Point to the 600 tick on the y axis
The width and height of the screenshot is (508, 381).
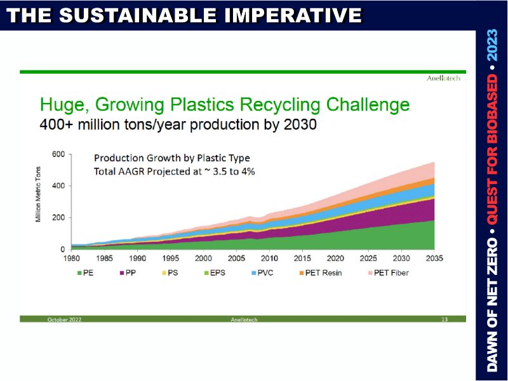tap(58, 154)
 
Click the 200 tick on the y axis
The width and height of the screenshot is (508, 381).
tap(58, 218)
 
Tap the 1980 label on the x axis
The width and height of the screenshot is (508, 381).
tap(72, 258)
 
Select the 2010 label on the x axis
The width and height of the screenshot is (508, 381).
tap(269, 258)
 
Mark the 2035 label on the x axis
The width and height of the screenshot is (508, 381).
tap(434, 258)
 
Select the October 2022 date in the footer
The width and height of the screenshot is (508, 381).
tap(65, 319)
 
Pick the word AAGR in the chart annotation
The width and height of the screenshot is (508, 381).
tap(135, 170)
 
